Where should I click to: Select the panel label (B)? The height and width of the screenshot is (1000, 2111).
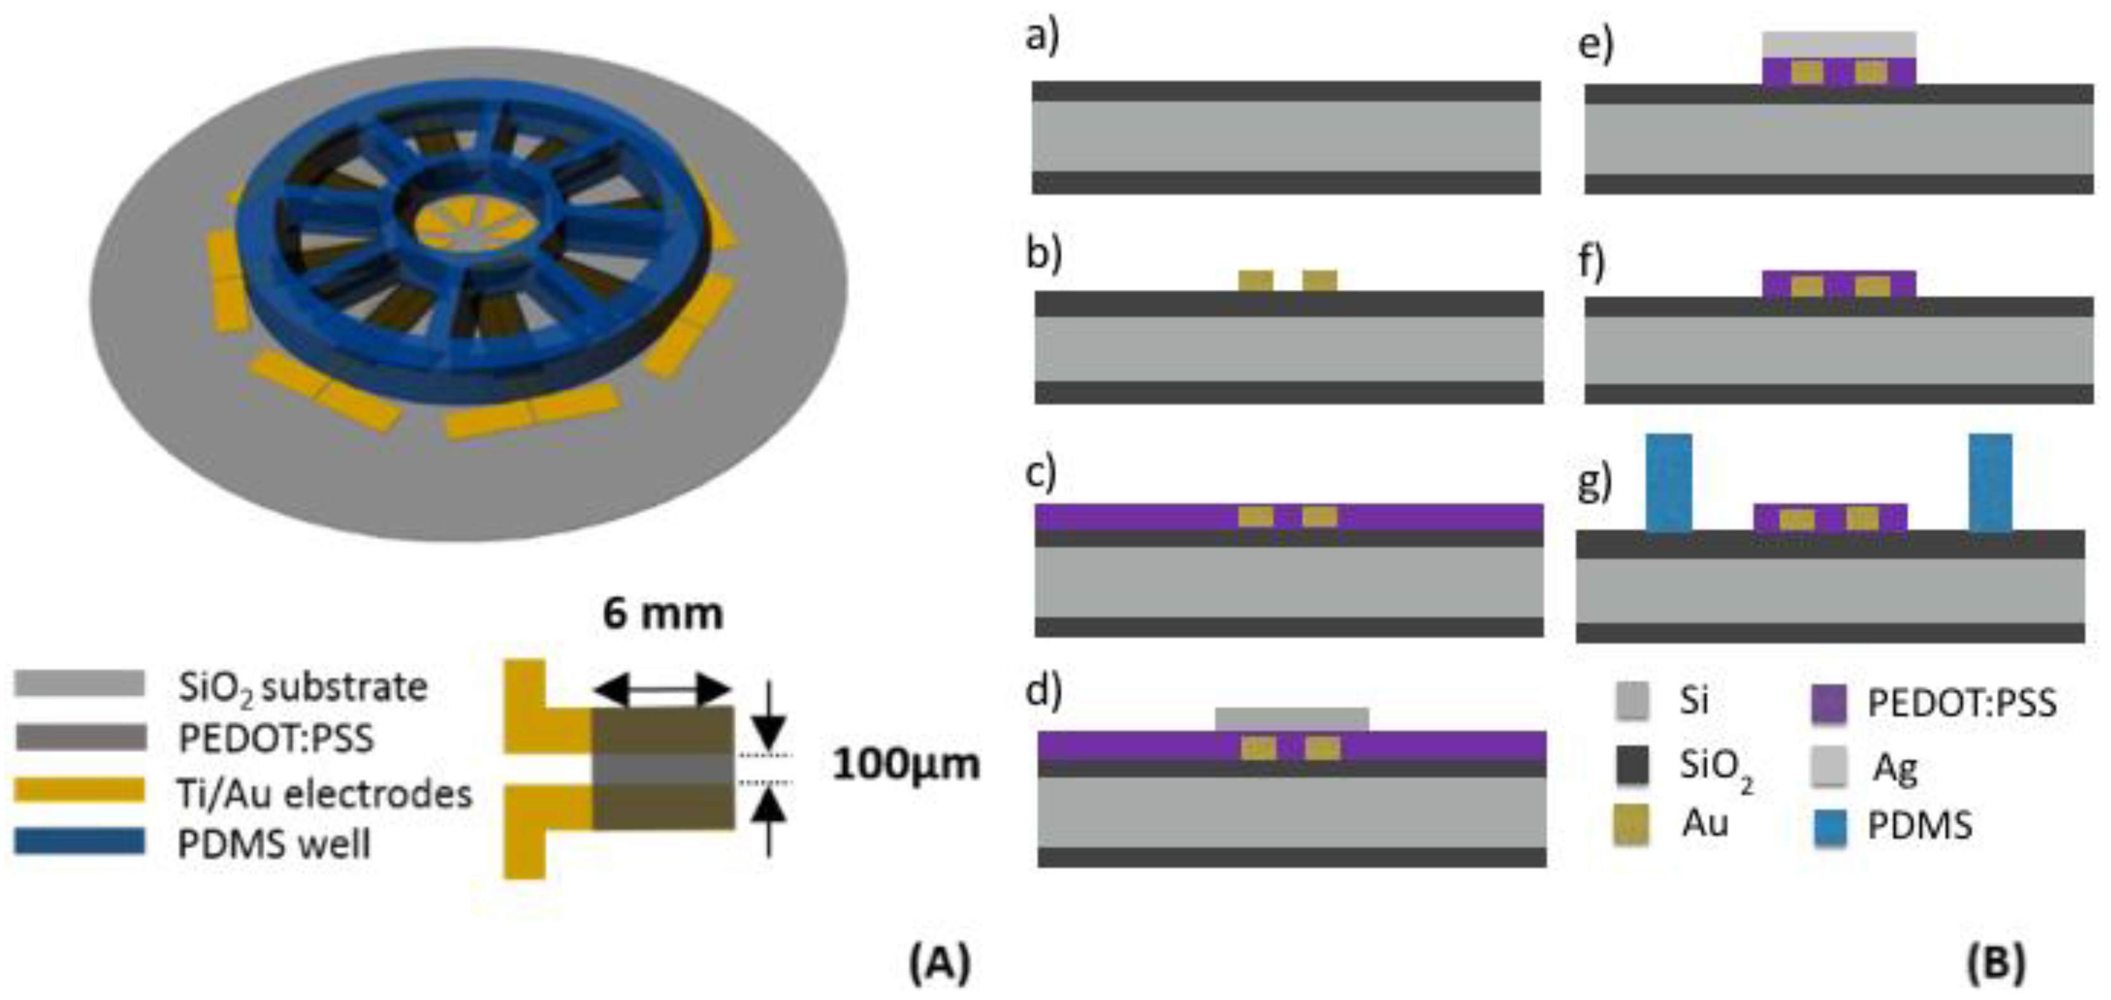(x=1996, y=963)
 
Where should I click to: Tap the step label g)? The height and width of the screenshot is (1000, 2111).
(x=1594, y=483)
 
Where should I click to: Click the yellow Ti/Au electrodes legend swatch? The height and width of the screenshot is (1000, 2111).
(x=79, y=791)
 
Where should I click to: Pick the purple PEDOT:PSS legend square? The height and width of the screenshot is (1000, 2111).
(x=1829, y=703)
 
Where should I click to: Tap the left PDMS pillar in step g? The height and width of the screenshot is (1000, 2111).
(x=1669, y=482)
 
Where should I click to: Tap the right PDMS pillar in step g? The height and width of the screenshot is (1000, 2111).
(x=1990, y=482)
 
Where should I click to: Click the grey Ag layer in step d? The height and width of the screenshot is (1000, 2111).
(x=1292, y=719)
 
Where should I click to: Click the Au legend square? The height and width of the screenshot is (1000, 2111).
(x=1631, y=824)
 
